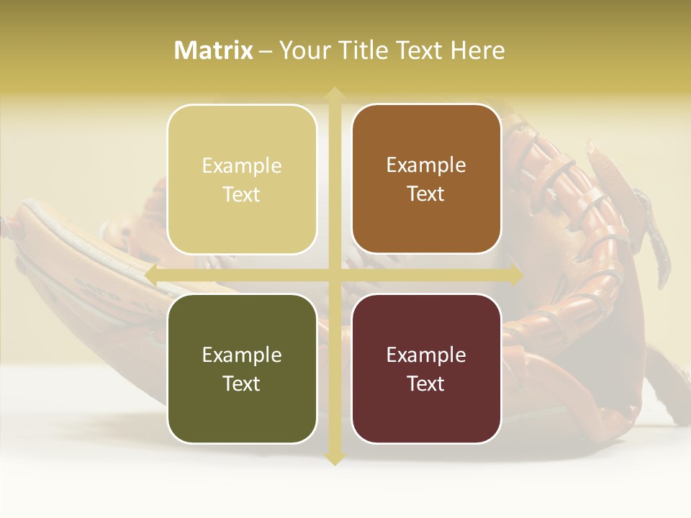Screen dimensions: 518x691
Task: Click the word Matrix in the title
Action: click(214, 50)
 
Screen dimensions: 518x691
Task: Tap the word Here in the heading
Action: click(477, 50)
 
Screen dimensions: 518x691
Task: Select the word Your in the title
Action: click(301, 50)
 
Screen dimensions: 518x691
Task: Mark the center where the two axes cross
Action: click(334, 275)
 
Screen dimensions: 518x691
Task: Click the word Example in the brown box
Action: click(426, 165)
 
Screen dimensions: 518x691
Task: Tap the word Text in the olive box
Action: click(242, 383)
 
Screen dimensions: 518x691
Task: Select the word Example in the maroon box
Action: click(426, 355)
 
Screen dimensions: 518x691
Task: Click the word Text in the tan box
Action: click(242, 194)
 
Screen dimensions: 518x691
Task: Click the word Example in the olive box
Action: click(242, 355)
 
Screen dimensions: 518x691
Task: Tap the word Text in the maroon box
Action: click(426, 383)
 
